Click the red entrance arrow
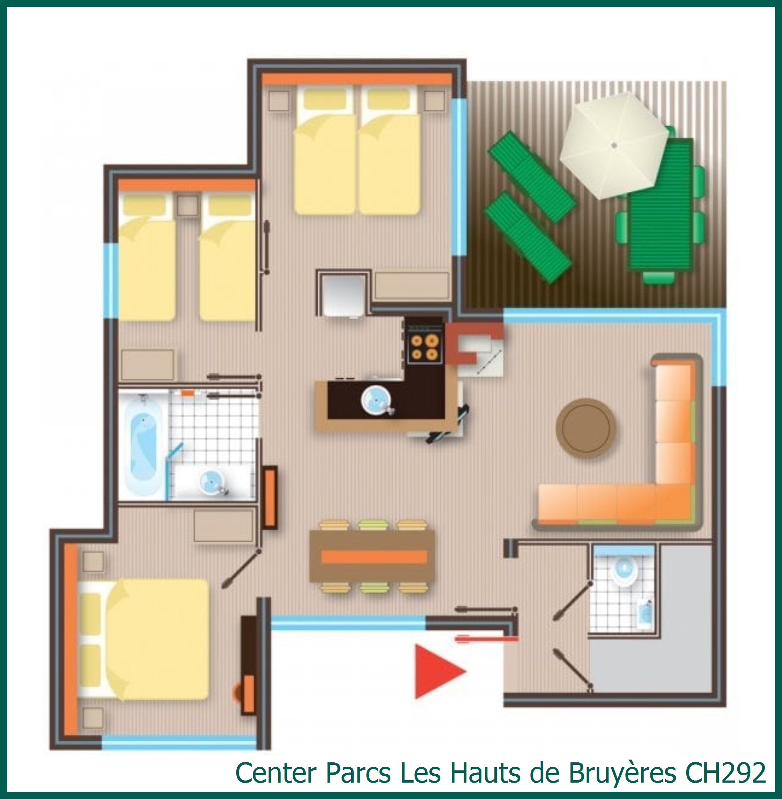click(437, 671)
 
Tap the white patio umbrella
click(614, 145)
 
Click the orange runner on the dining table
click(374, 557)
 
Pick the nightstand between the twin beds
click(188, 205)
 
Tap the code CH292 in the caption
click(725, 773)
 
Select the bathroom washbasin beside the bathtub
click(211, 480)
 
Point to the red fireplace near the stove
click(472, 343)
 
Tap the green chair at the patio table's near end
click(658, 279)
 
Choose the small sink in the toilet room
click(645, 616)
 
